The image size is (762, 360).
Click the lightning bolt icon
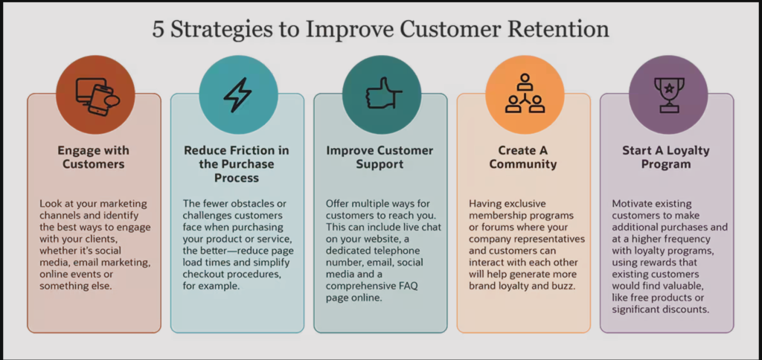pos(237,94)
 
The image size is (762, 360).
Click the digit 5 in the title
pos(159,30)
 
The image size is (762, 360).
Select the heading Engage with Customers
pos(93,157)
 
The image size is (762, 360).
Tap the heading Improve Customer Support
pos(380,157)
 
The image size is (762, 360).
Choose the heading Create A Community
pos(523,157)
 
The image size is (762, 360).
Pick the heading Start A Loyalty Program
pos(666,157)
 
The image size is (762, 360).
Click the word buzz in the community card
pos(564,286)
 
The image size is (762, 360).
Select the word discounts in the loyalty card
pos(685,309)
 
